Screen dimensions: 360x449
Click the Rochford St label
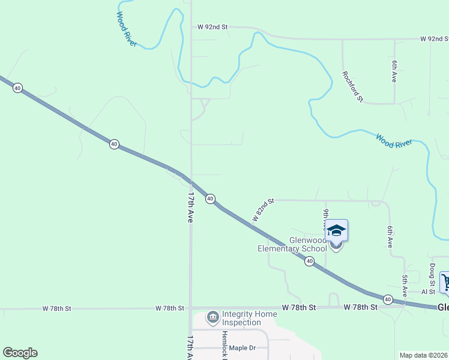tap(352, 86)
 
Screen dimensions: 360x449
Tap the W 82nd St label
tap(263, 210)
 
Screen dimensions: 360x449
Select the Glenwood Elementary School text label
tap(292, 244)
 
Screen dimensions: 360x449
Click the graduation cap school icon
tap(336, 230)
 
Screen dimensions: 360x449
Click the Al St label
tap(428, 292)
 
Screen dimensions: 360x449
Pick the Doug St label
tap(432, 274)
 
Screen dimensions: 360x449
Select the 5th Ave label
tap(405, 286)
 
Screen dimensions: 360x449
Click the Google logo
tap(20, 353)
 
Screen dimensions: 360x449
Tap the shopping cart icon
tap(446, 282)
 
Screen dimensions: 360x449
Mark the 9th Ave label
tap(326, 218)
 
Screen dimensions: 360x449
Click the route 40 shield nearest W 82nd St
tap(210, 199)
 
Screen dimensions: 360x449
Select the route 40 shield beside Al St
tap(388, 299)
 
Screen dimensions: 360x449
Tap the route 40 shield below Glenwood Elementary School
tap(309, 261)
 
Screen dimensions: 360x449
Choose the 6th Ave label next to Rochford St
tap(394, 71)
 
